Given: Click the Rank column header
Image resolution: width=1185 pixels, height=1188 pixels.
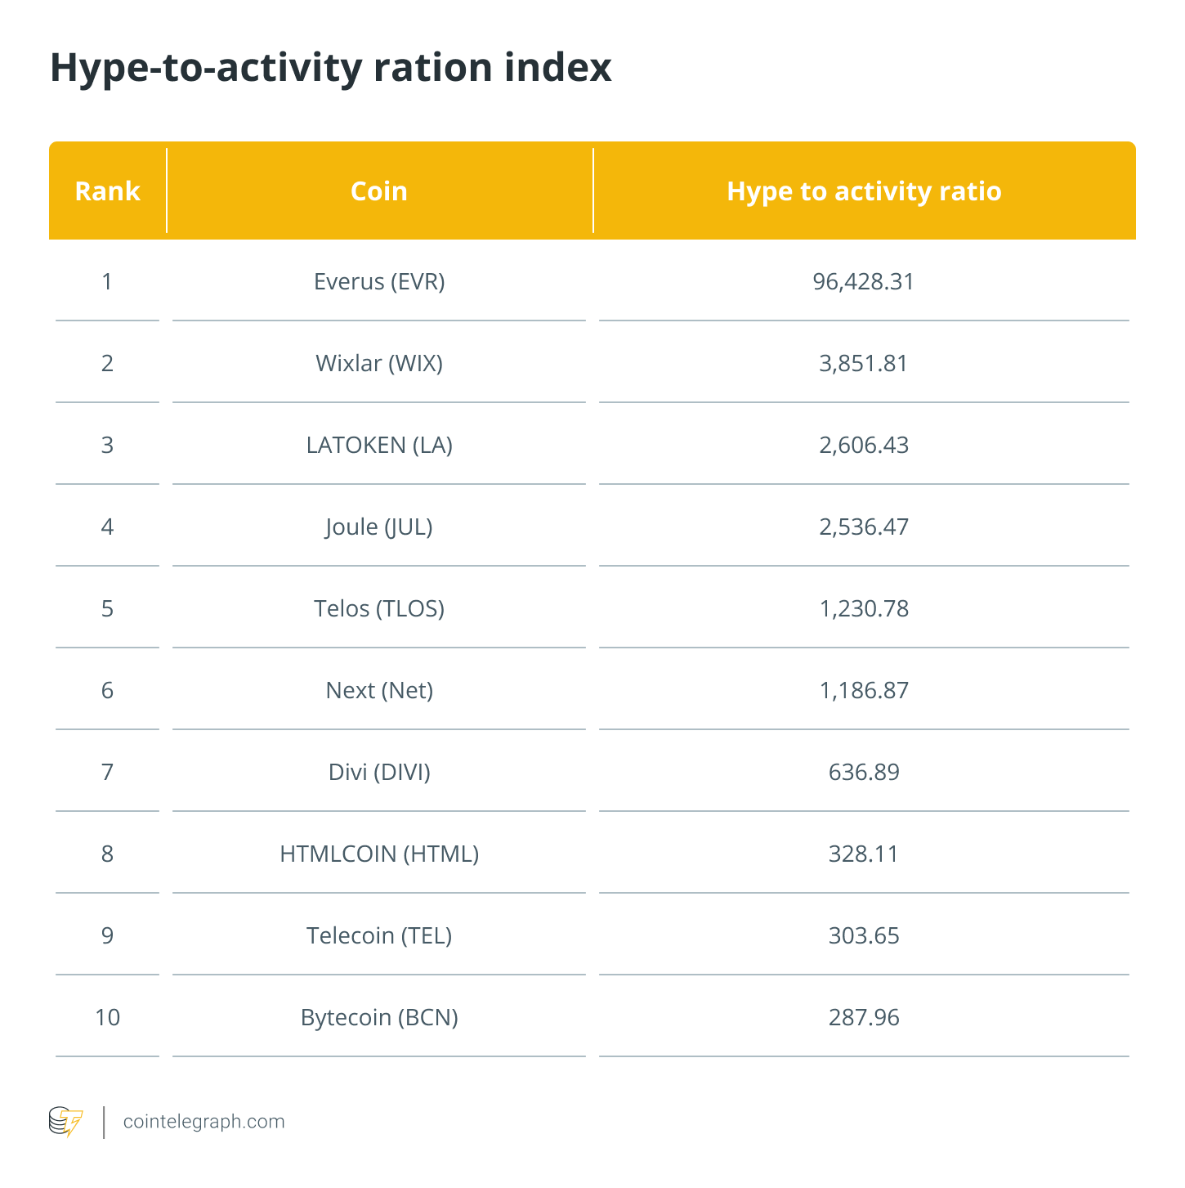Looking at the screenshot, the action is pos(107,191).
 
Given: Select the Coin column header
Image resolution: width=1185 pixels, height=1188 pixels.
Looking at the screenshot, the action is pos(379,191).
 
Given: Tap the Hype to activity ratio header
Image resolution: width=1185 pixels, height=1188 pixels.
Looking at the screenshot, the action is pos(864,192).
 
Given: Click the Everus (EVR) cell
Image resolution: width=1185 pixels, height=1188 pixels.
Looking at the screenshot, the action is pos(379,282).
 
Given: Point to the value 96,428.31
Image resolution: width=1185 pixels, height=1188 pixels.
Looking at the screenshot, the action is pos(863,282).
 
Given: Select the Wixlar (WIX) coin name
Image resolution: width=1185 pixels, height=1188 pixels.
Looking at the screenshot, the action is pos(379,364).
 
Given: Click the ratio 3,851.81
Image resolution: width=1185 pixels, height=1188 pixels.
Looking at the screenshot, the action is pos(863,364).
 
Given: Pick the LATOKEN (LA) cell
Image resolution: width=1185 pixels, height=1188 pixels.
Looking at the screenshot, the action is pos(379,445).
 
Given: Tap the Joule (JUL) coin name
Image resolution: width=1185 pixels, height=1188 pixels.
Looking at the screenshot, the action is pos(379,527).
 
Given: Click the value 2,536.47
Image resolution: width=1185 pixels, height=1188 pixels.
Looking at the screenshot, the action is pos(863,527).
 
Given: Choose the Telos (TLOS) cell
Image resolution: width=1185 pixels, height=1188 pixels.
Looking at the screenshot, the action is pos(379,609).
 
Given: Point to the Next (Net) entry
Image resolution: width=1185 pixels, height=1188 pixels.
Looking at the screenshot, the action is pos(379,691).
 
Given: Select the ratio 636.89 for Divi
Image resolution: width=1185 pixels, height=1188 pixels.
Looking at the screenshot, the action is pos(863,773).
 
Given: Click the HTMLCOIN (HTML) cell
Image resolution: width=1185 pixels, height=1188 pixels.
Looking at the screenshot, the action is pos(379,854).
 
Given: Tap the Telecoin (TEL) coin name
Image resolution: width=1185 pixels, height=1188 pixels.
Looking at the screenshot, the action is pos(379,936).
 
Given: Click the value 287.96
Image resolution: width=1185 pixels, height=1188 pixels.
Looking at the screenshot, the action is pos(863,1017).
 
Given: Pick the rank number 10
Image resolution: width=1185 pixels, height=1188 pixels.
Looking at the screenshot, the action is pos(107,1017).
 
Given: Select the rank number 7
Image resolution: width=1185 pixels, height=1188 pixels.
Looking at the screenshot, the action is pos(107,773).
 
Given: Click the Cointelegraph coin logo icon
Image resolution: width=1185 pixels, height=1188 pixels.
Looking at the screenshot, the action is pos(65,1122).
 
